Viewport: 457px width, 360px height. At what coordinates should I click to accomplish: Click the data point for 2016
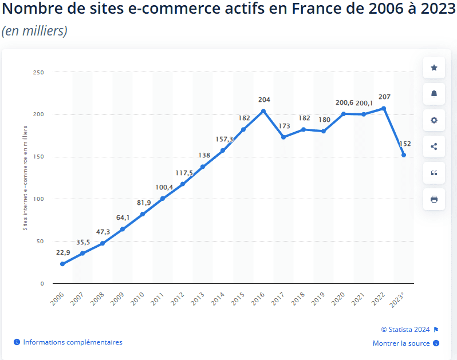tap(263, 111)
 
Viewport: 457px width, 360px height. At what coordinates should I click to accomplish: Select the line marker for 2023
tap(404, 155)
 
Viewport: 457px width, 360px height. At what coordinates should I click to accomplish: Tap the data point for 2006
tap(62, 264)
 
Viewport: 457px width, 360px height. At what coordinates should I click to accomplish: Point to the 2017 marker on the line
tap(283, 137)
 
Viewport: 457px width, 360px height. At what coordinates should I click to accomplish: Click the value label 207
tap(384, 97)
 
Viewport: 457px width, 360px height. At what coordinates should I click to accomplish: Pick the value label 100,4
tap(163, 188)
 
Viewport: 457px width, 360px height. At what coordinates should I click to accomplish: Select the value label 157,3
tap(223, 139)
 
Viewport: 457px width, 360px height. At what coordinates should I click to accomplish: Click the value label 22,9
tap(63, 252)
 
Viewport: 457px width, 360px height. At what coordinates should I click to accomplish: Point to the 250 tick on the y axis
tap(39, 72)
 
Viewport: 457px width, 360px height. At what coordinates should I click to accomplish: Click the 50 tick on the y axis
tap(41, 241)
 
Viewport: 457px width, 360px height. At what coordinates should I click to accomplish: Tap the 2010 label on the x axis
tap(137, 299)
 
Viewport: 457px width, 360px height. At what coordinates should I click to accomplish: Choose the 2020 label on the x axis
tap(338, 299)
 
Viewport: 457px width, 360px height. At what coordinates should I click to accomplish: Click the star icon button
tap(434, 68)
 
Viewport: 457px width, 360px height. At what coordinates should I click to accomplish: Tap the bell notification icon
tap(434, 94)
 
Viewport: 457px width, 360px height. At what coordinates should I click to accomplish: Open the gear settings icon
tap(434, 120)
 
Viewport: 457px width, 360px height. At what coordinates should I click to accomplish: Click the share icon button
tap(434, 147)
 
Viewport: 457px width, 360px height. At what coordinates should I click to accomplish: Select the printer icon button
tap(434, 199)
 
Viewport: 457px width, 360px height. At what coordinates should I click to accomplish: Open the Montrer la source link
tap(401, 343)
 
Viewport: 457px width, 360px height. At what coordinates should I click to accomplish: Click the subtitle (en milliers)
tap(34, 31)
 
